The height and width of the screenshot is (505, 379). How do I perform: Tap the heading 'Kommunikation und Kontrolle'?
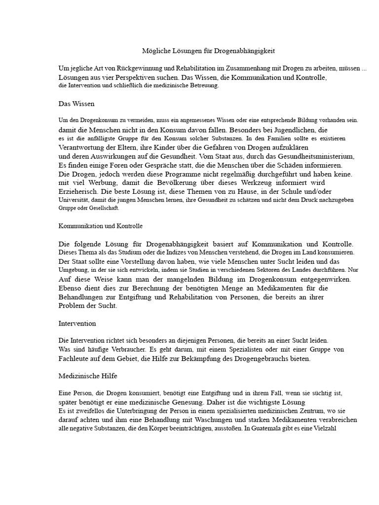coord(100,225)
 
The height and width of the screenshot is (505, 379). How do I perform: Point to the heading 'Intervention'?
coord(77,324)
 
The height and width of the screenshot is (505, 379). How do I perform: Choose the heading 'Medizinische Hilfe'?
coord(88,376)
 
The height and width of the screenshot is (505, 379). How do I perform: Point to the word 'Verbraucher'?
coord(110,350)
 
